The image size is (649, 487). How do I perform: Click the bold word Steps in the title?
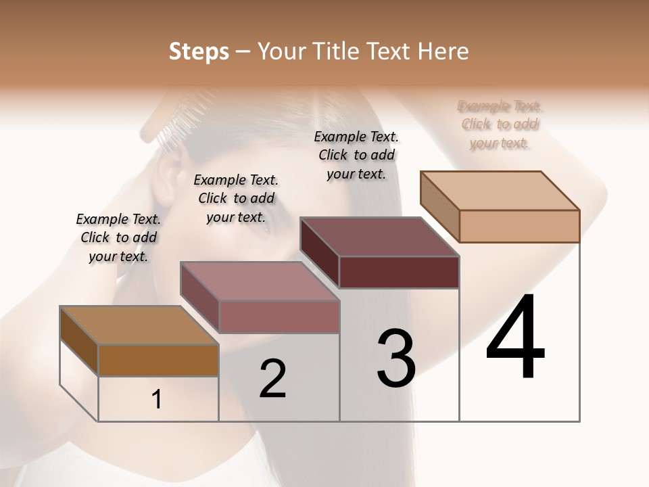click(x=199, y=51)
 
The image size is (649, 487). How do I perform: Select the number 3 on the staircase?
click(x=395, y=358)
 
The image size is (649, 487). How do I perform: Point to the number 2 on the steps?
click(x=272, y=378)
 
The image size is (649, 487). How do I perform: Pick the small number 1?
click(x=157, y=400)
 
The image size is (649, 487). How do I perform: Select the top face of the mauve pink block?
click(x=260, y=281)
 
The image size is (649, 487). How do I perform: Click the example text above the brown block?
click(x=118, y=237)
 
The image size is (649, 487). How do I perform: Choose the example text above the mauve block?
click(x=236, y=198)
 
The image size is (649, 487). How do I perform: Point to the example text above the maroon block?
click(x=356, y=155)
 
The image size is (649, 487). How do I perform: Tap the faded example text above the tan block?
click(x=500, y=124)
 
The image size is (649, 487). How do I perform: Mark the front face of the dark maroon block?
click(x=399, y=272)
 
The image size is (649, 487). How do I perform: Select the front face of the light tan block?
click(x=519, y=226)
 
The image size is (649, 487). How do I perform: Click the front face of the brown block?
click(x=158, y=360)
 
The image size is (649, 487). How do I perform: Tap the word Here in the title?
click(x=443, y=51)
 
